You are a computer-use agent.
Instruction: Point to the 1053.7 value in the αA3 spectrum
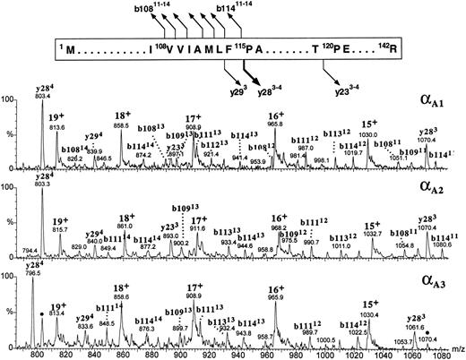[x=400, y=341]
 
